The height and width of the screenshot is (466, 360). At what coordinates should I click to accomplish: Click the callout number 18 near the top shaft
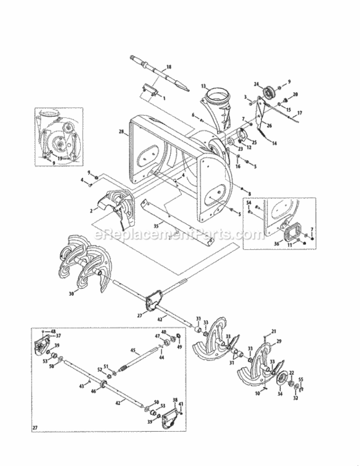(168, 66)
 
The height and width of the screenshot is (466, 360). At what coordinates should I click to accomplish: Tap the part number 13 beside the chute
(203, 86)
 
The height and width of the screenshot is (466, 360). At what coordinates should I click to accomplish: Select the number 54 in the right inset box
(249, 203)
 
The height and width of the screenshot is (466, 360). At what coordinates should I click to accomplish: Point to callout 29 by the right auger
(279, 342)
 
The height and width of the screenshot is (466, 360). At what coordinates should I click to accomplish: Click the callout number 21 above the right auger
(274, 331)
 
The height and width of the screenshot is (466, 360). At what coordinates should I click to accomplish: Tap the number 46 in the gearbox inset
(92, 393)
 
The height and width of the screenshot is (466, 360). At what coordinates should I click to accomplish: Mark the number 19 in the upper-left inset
(59, 158)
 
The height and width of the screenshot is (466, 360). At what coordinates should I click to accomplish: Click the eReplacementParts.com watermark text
(180, 235)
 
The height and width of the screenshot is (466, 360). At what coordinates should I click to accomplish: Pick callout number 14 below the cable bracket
(274, 143)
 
